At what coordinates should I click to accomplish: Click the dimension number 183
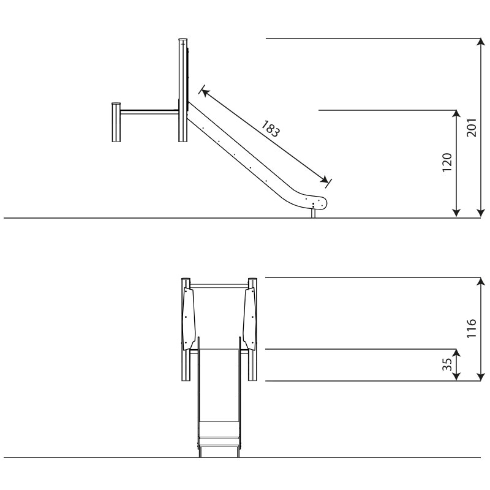(x=270, y=129)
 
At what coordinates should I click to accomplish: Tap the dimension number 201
(x=472, y=127)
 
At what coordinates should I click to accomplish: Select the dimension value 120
(x=447, y=162)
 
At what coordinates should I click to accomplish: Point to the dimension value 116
(x=472, y=328)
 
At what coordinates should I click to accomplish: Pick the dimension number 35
(x=447, y=364)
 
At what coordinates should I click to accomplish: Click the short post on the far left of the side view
(x=116, y=122)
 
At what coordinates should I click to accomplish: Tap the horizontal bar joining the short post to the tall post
(x=149, y=112)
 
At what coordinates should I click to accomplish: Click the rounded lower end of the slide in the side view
(x=317, y=203)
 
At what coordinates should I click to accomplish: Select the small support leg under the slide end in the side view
(x=314, y=213)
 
